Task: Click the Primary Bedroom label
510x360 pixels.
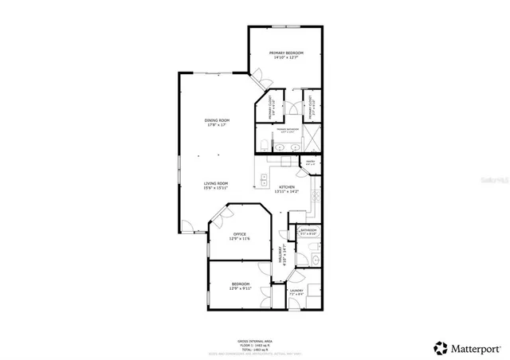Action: (x=285, y=53)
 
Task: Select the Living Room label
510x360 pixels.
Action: (x=216, y=183)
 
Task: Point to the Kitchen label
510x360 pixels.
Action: (x=287, y=187)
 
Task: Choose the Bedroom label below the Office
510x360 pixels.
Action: (x=241, y=284)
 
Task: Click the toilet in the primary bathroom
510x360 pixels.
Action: (x=262, y=144)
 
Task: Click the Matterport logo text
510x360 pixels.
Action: (x=469, y=347)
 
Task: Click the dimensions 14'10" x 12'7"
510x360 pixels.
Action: (x=285, y=57)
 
